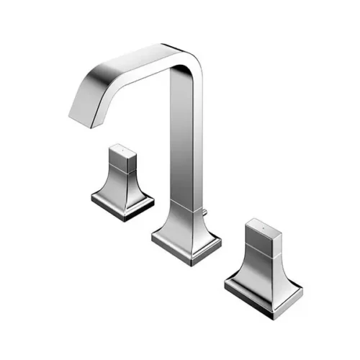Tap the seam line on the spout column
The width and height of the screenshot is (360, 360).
click(182, 208)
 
